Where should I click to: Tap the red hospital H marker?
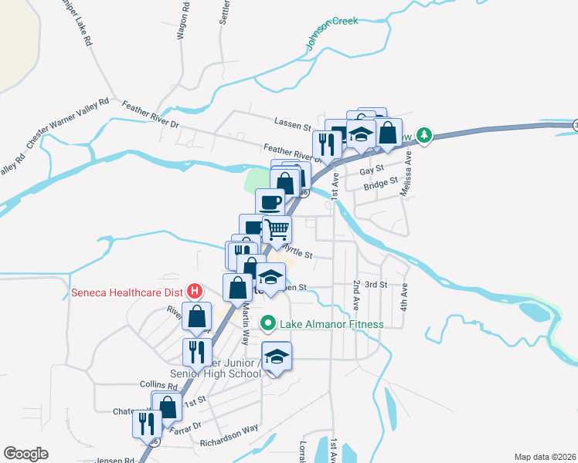point(195,292)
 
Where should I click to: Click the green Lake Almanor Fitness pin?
point(268,323)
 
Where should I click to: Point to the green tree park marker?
point(423,136)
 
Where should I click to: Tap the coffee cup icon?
point(270,202)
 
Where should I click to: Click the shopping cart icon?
point(277,229)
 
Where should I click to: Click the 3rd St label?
point(376,285)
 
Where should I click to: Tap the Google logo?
point(25,454)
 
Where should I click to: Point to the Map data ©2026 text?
point(544,456)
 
